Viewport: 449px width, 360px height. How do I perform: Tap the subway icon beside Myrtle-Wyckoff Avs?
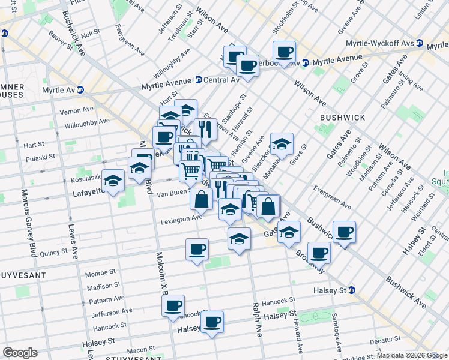tap(420, 44)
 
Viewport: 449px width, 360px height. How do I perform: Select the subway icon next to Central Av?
tap(198, 80)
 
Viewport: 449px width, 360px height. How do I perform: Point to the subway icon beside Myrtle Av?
tap(80, 90)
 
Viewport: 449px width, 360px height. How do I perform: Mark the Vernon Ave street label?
tap(77, 110)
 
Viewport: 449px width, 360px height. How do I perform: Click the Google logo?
tap(20, 353)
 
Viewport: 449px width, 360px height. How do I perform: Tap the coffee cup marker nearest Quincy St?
tap(197, 250)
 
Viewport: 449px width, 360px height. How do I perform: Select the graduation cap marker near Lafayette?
tap(113, 179)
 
